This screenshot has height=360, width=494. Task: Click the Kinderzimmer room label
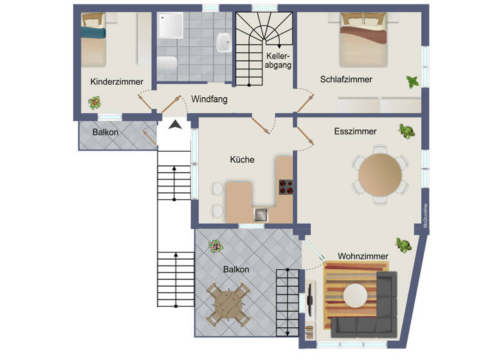coord(116,82)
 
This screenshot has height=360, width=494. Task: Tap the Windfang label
coord(209,100)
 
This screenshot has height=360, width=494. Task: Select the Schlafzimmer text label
coord(346,79)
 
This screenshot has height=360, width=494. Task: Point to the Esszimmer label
coord(355,131)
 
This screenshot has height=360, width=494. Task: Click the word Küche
coord(242,159)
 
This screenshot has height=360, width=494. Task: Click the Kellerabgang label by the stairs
coord(279,60)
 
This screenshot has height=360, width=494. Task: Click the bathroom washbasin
coord(224,42)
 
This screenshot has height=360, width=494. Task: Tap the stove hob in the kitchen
coord(286,187)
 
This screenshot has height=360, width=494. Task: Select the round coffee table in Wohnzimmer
coord(355,295)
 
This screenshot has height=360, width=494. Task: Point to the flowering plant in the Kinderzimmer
coord(95,102)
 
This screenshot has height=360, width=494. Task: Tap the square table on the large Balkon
coord(228,303)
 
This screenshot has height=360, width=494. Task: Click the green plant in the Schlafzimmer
coord(412,82)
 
